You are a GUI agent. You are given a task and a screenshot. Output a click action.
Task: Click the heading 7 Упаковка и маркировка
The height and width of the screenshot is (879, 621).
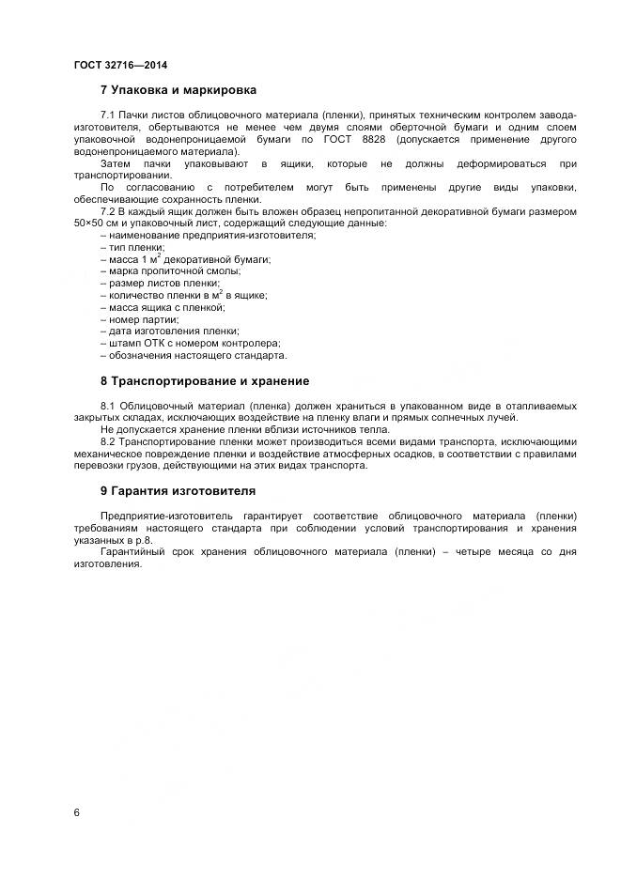179,90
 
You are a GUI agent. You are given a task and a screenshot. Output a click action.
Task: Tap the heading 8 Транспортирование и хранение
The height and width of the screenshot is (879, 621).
205,381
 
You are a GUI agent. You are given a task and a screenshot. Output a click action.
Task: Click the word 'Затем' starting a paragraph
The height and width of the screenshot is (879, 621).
115,163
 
